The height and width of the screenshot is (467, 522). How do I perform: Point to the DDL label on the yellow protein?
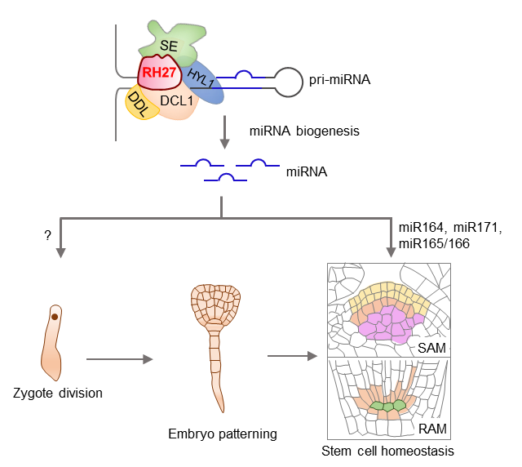tap(137, 105)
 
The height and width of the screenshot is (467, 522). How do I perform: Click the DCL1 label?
tap(176, 101)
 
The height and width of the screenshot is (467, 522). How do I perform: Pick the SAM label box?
tap(432, 348)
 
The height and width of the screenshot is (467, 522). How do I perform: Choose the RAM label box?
tap(432, 429)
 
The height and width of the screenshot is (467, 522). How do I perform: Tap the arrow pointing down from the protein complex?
tap(223, 131)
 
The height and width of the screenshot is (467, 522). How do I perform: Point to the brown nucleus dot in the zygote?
tap(54, 315)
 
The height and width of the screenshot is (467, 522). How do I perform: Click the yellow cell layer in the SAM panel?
tap(387, 298)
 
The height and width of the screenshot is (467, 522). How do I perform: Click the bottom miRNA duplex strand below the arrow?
tap(225, 178)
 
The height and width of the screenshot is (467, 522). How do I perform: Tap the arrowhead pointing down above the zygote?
tap(60, 253)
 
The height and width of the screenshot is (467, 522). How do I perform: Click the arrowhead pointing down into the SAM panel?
tap(391, 253)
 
